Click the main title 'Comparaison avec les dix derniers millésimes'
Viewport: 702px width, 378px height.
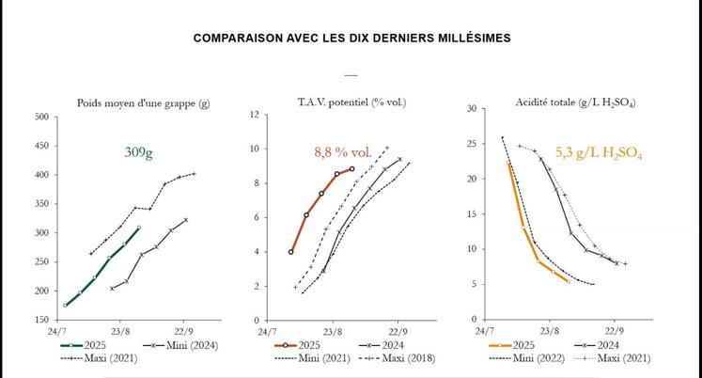point(351,39)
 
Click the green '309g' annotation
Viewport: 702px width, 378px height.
point(139,152)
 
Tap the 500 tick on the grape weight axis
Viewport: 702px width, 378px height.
point(40,118)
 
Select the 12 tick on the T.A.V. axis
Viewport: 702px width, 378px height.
point(254,115)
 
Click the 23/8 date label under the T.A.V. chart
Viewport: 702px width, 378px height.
point(333,332)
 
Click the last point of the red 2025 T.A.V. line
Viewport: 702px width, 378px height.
point(352,169)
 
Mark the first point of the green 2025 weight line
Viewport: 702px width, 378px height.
point(65,305)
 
